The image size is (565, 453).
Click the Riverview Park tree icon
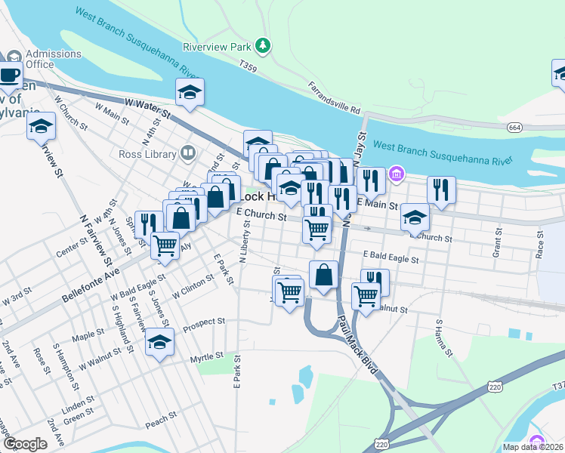coord(262,47)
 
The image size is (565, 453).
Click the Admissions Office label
coord(53,59)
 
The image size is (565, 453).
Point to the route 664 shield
coord(515,128)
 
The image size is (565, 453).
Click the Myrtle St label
coord(207,356)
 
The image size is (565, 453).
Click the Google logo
coord(24,444)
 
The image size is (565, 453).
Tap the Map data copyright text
coord(533,447)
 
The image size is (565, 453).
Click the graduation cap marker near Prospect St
coord(159,344)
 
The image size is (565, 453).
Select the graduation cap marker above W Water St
coord(190,93)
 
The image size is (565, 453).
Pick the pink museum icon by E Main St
coord(396,177)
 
